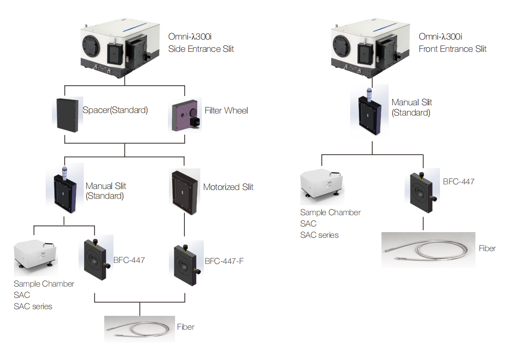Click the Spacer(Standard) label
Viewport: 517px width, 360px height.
(115, 110)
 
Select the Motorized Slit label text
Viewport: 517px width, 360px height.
(228, 187)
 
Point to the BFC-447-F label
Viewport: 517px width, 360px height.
(224, 261)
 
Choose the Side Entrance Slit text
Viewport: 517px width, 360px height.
(201, 49)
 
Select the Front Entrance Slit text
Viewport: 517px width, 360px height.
(452, 49)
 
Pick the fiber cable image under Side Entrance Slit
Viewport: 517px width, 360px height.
(140, 329)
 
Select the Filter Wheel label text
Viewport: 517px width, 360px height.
(226, 110)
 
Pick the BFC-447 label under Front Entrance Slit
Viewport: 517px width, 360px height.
(458, 181)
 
